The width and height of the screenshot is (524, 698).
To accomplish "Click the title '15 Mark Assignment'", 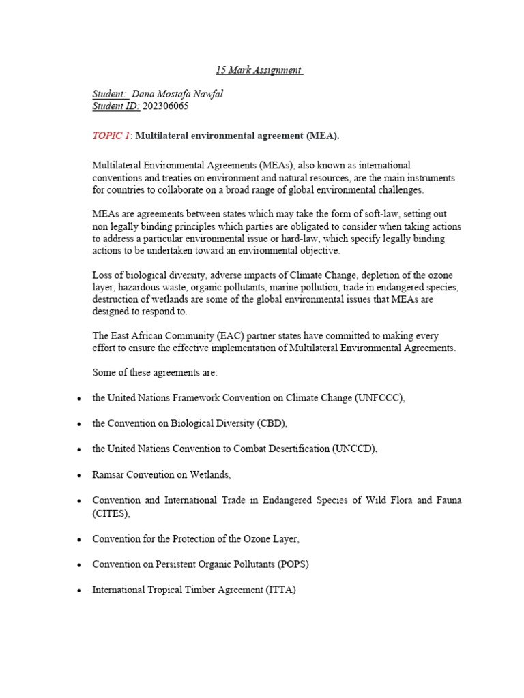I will click(259, 70).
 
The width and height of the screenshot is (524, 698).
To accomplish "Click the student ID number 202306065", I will click(166, 106).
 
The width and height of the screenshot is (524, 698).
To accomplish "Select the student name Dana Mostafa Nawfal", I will click(177, 94).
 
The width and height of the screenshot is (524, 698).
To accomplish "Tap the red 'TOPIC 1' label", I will click(111, 136).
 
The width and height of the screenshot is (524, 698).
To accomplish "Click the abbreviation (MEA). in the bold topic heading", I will click(322, 136).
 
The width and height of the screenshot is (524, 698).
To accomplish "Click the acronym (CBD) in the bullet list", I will click(272, 423).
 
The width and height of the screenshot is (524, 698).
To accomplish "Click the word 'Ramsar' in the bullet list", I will click(108, 474).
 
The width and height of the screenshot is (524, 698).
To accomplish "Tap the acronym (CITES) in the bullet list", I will click(111, 513).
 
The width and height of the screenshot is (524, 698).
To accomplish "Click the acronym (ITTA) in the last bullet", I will click(280, 590).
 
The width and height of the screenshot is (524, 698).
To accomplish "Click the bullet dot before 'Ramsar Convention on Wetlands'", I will click(81, 474).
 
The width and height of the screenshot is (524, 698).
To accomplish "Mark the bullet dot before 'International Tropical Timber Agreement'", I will click(81, 590).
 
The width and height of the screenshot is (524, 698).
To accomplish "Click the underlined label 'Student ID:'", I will click(116, 106).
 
